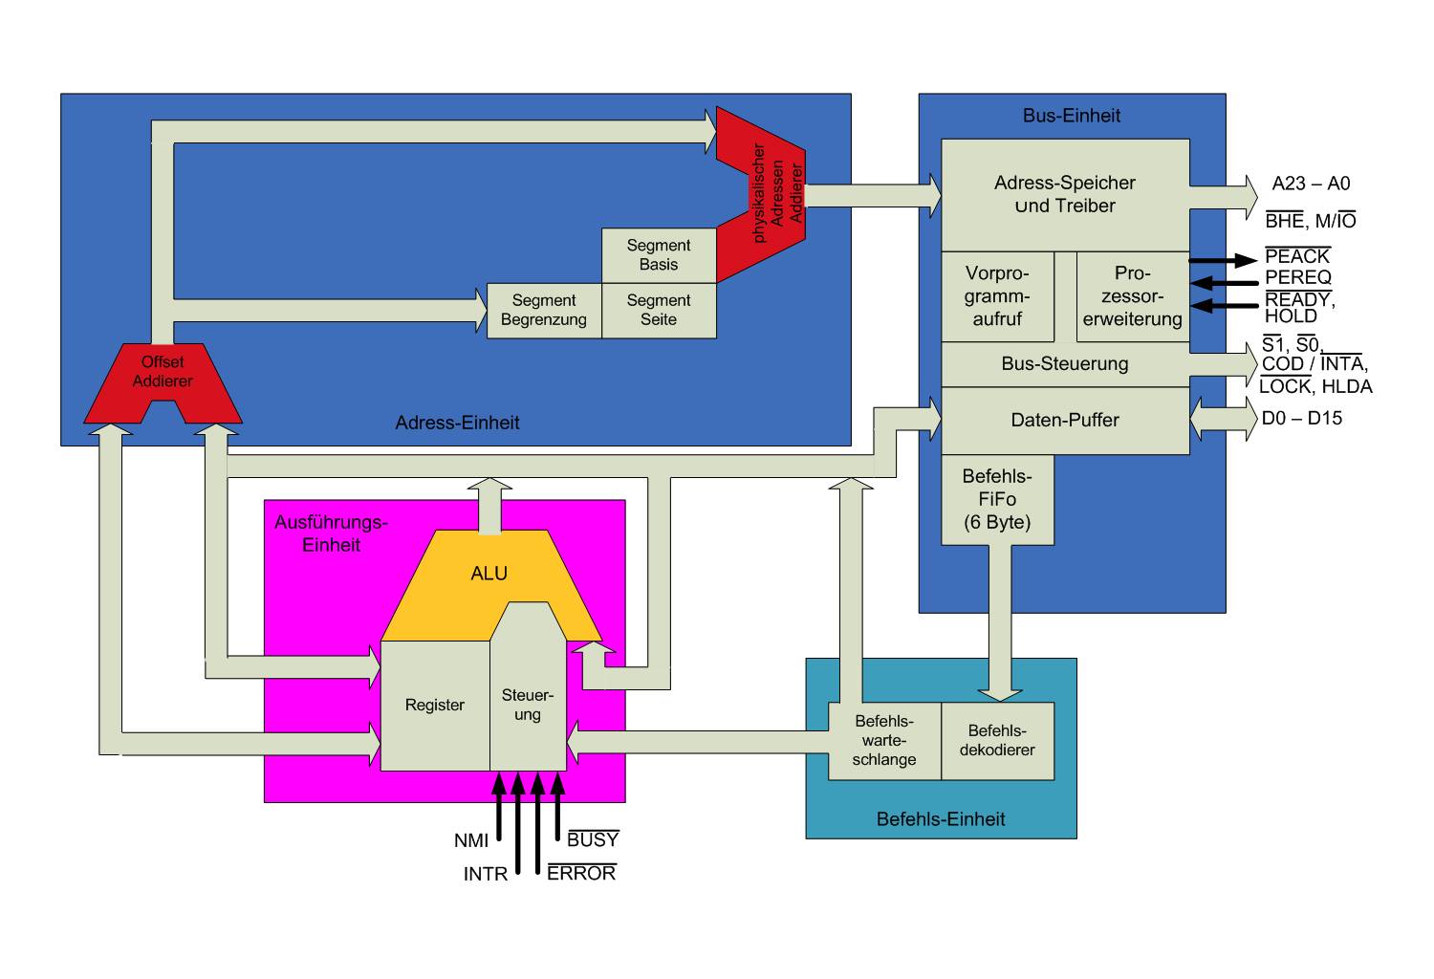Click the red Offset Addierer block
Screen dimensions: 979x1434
point(163,373)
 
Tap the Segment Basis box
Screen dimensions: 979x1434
point(659,255)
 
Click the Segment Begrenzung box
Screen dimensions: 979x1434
point(544,311)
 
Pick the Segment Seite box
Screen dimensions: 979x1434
point(659,311)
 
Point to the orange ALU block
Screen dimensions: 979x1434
point(489,574)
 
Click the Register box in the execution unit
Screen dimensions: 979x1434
point(435,706)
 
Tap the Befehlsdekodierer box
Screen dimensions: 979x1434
point(997,741)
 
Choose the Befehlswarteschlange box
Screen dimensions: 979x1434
point(884,741)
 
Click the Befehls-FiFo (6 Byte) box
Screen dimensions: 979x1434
point(997,500)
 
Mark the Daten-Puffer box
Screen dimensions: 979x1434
point(1065,421)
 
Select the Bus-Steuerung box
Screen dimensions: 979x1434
point(1065,364)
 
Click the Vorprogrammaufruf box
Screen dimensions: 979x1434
point(997,296)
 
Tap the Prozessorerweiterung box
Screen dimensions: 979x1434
point(1133,296)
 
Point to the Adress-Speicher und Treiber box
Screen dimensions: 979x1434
point(1065,195)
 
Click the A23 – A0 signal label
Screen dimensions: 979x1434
point(1311,184)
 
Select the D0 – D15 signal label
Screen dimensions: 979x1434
point(1301,419)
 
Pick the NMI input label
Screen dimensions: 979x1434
point(471,841)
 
